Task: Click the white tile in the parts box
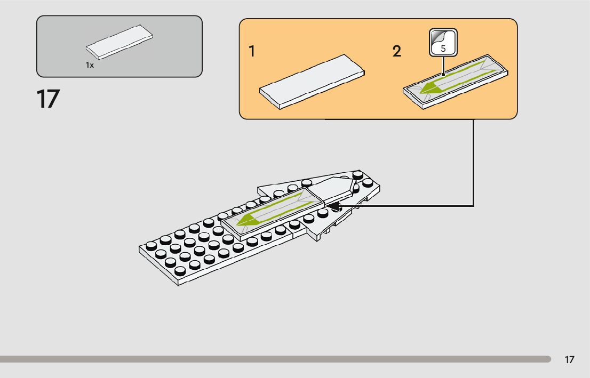(119, 41)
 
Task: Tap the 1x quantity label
(90, 65)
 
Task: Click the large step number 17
(48, 99)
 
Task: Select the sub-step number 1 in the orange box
(251, 52)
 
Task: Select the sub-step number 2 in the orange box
(397, 52)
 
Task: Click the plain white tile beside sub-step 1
(312, 81)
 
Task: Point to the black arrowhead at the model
(332, 205)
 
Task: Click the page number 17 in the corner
(570, 360)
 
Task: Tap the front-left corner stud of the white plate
(151, 246)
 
